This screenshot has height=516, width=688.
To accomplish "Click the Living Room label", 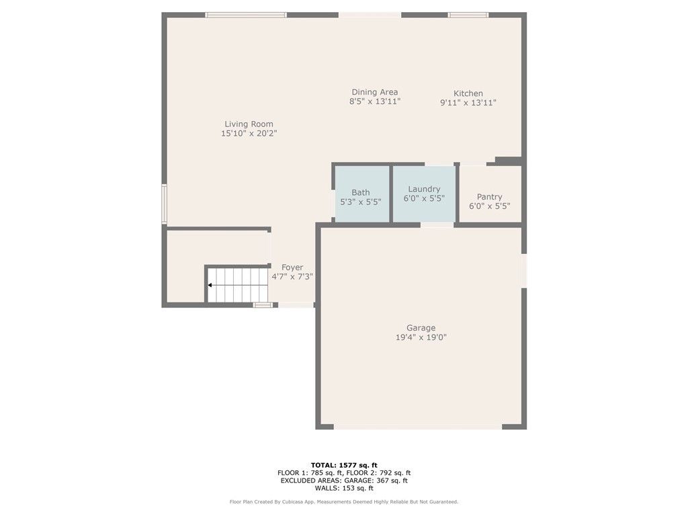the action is click(249, 124).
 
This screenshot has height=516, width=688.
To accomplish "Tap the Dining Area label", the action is click(375, 92).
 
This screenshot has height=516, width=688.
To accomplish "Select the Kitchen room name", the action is click(468, 93).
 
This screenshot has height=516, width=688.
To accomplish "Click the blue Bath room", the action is click(362, 193).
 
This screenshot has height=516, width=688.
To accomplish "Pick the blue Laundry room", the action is click(424, 193).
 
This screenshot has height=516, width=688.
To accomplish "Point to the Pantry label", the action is click(490, 197).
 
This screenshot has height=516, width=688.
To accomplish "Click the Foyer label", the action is click(292, 267).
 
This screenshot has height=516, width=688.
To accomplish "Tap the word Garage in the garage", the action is click(421, 328).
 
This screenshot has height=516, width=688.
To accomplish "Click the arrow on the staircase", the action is click(238, 285).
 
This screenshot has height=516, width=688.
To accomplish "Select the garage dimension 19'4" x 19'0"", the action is click(421, 337).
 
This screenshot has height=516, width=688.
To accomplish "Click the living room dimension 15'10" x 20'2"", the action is click(249, 134).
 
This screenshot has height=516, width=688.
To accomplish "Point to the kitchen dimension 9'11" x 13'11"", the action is click(468, 103).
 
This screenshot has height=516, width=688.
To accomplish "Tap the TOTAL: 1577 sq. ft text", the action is click(344, 465).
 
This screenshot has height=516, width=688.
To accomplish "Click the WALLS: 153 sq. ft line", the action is click(344, 488).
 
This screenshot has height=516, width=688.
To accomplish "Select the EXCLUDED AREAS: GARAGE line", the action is click(344, 480).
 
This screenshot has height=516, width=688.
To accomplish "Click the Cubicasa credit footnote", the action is click(344, 501).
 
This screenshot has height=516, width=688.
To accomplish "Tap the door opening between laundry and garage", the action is click(437, 225).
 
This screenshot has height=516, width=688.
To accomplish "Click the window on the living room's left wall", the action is click(165, 204).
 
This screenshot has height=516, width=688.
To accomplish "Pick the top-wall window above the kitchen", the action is click(468, 15).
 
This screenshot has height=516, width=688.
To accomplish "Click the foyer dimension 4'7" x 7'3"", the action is click(292, 277).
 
